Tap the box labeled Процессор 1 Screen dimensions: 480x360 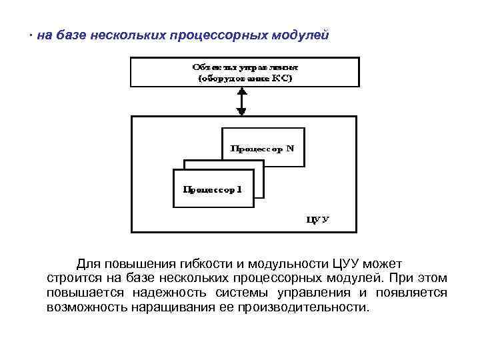click(x=213, y=189)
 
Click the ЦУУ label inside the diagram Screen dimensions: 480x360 click(x=317, y=218)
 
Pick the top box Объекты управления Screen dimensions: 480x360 click(x=245, y=72)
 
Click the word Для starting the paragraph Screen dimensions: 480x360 click(x=89, y=263)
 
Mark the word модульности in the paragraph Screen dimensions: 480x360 click(x=283, y=263)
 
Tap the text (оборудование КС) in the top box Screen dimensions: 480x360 click(x=245, y=78)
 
